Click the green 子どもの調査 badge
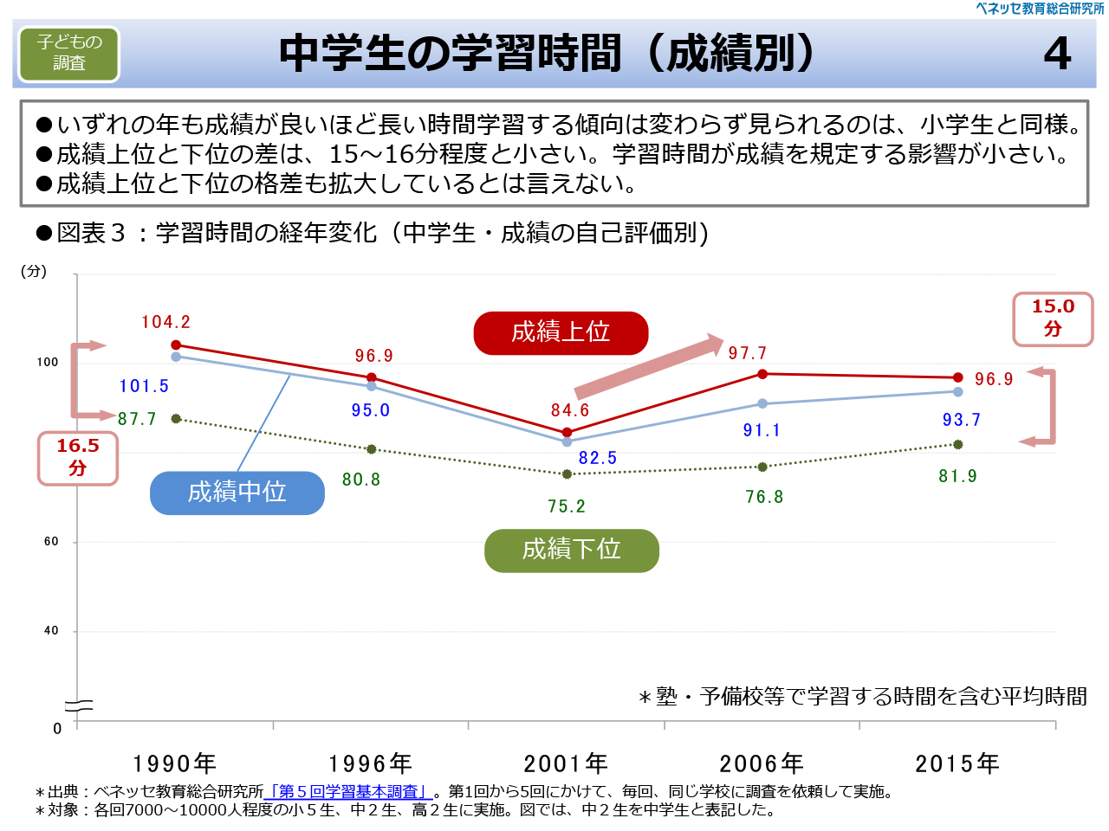pos(69,54)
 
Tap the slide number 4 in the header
pos(1057,54)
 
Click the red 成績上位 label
pos(561,332)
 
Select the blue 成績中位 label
pos(237,493)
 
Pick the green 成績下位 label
pos(572,550)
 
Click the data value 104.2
pos(165,322)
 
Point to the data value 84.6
pos(570,410)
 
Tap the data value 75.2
pos(567,506)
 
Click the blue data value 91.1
pos(762,430)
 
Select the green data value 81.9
pos(957,476)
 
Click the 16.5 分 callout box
pos(78,458)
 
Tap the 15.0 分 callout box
pos(1053,319)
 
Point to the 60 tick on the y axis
pos(51,542)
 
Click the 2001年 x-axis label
pos(566,763)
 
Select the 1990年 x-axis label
pos(174,763)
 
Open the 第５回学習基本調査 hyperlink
pos(348,791)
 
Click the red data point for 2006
pos(762,374)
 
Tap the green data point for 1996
pos(372,449)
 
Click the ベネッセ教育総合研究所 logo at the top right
pos(1040,9)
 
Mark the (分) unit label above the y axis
pos(34,271)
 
